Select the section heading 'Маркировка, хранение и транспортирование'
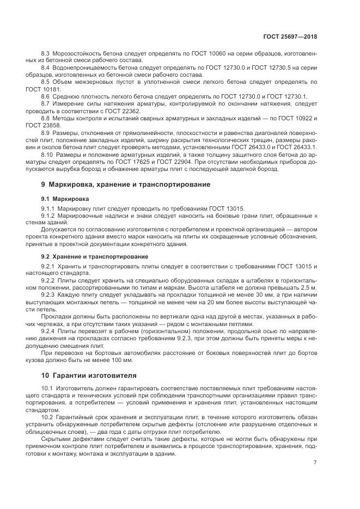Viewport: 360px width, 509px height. click(130, 185)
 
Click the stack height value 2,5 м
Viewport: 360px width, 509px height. click(308, 286)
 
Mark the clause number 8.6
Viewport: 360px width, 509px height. click(46, 96)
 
